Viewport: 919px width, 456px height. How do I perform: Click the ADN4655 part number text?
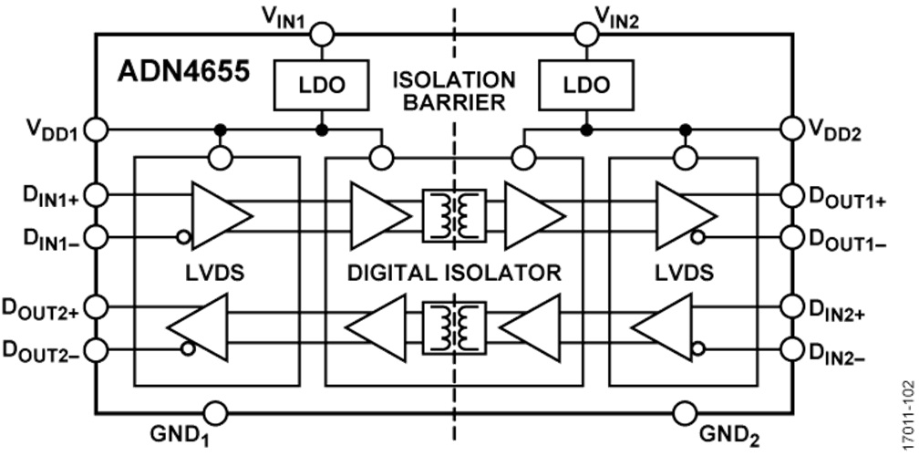183,73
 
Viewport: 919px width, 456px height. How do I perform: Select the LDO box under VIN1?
322,84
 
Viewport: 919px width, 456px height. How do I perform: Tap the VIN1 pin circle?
322,36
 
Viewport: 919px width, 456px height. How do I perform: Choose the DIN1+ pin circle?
98,195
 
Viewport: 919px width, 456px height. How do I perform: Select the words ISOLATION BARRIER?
453,89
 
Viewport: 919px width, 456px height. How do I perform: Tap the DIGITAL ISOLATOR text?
453,272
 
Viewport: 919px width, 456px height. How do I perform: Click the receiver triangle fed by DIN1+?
219,216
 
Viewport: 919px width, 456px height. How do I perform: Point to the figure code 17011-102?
905,410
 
